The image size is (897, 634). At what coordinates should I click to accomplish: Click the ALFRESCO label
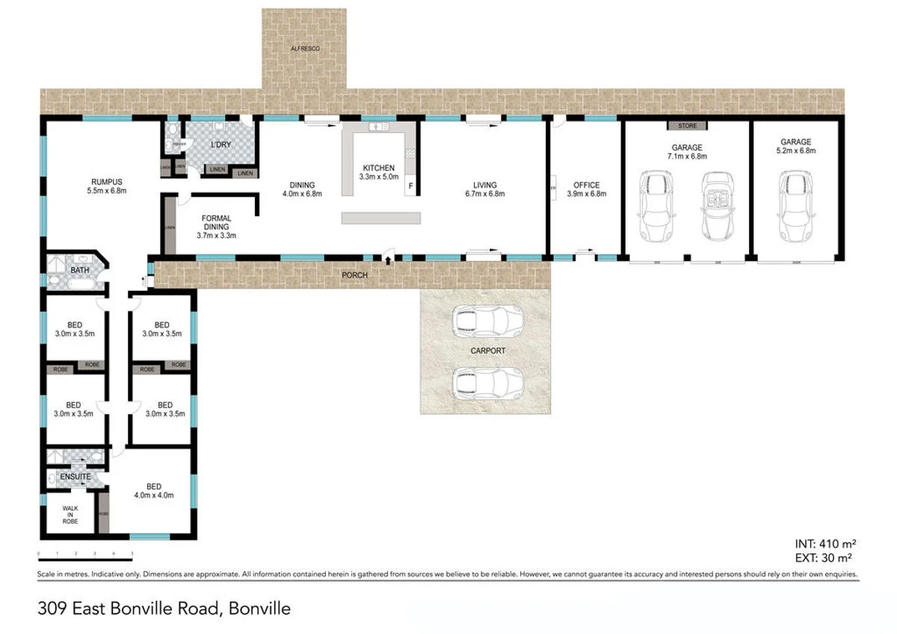pos(303,49)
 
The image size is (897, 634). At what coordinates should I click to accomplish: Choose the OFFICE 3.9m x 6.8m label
pos(586,189)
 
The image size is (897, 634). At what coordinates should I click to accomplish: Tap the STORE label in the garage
pos(687,126)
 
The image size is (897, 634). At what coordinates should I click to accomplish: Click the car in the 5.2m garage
pos(795,203)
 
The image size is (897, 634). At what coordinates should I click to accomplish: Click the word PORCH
pos(354,275)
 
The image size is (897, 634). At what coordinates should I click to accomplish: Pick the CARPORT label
pos(487,351)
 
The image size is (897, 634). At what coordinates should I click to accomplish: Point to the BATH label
pos(80,270)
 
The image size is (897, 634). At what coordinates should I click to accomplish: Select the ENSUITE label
pos(75,476)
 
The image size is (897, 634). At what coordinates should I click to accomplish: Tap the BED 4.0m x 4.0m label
pos(153,490)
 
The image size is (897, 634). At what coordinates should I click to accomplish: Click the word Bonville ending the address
pos(260,609)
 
